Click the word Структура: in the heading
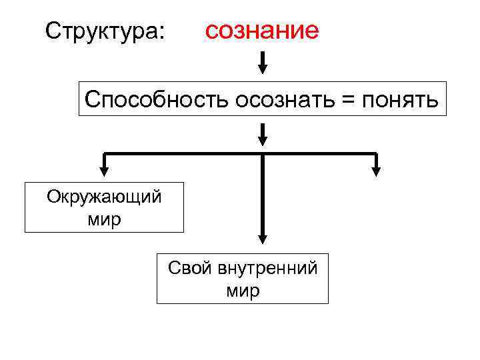(x=105, y=30)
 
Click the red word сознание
(x=262, y=30)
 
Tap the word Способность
(x=156, y=100)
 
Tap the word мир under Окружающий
(x=104, y=219)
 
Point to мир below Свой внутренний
(x=243, y=291)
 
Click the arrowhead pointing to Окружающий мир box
(x=104, y=171)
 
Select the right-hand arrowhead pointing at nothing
(x=376, y=171)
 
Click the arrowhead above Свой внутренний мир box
(x=263, y=238)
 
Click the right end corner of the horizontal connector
(x=376, y=154)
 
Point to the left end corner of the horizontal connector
(x=104, y=154)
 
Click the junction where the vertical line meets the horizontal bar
(x=263, y=154)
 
